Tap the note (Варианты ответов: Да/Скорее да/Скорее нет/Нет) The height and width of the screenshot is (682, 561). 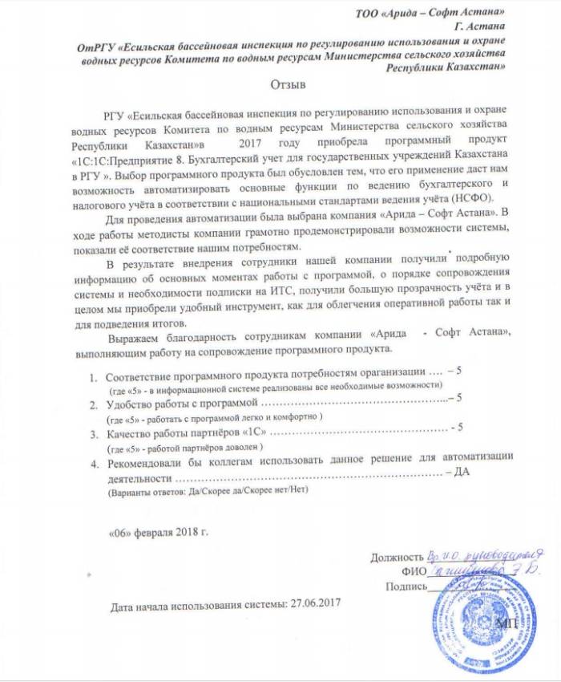click(208, 488)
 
